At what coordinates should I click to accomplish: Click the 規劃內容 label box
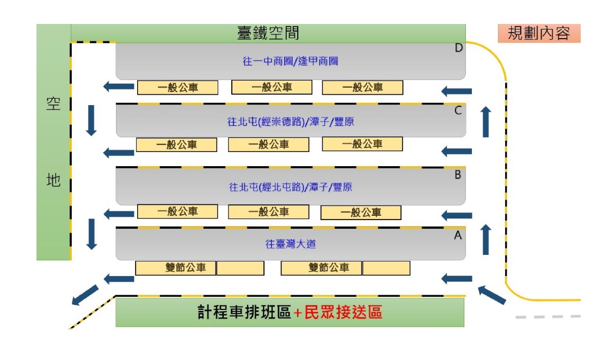(539, 33)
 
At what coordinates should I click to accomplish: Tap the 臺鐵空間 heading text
(268, 33)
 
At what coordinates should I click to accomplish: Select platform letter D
(458, 48)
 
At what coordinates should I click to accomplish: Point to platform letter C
(458, 111)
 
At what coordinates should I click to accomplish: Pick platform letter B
(458, 175)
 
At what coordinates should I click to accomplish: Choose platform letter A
(458, 235)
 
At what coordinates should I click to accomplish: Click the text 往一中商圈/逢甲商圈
(290, 61)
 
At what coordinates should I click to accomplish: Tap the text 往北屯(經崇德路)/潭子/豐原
(290, 122)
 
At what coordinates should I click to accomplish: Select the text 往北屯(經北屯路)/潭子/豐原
(290, 187)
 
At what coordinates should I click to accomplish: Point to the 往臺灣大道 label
(290, 244)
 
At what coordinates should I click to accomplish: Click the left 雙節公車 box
(175, 268)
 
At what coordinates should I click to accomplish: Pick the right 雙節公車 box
(321, 268)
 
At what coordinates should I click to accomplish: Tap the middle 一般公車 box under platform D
(272, 87)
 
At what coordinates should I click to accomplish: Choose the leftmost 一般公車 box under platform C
(176, 145)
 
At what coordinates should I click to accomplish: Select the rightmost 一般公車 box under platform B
(361, 212)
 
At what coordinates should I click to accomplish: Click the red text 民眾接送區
(343, 312)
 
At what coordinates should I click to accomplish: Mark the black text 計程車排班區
(244, 312)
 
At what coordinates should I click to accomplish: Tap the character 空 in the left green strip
(53, 104)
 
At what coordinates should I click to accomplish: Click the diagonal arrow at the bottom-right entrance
(492, 294)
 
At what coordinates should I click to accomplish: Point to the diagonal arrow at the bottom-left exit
(85, 295)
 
